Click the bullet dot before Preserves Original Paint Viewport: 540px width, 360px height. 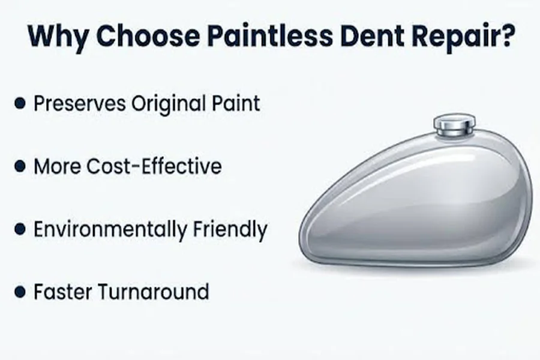[20, 103]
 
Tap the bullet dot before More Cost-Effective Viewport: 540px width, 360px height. [20, 166]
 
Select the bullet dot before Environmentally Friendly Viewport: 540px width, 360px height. [20, 229]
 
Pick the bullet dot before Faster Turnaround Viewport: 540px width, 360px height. [20, 292]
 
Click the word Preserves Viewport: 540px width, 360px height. [80, 103]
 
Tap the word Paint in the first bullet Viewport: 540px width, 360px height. [236, 103]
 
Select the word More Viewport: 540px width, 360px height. [57, 166]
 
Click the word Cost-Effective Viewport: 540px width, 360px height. [154, 166]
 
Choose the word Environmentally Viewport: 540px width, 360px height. [110, 230]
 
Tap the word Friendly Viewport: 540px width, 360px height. [230, 230]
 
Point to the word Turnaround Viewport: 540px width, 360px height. [154, 292]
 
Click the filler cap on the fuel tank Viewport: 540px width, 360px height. [455, 125]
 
